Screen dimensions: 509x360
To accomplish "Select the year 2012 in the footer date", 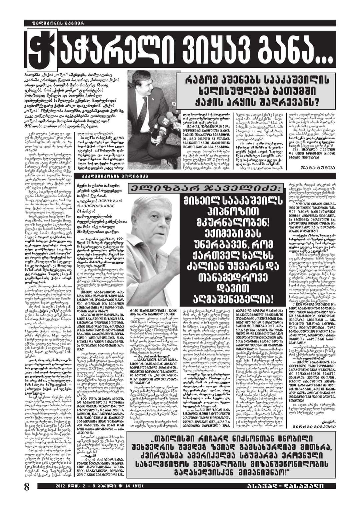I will click(62, 495).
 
